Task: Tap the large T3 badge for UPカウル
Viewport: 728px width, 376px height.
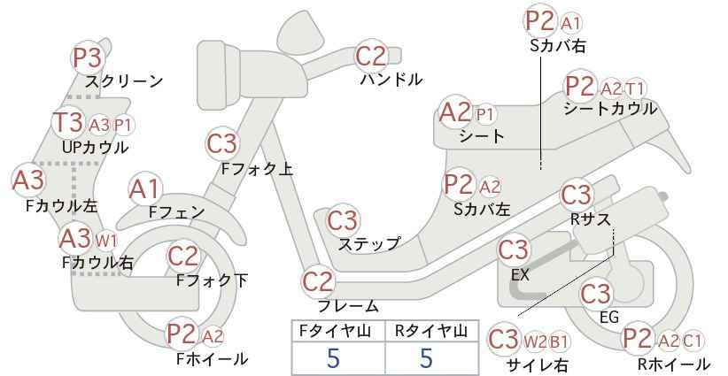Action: pos(68,122)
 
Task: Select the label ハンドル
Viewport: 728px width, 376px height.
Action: pos(391,80)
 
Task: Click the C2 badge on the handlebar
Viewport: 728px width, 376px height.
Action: pos(371,56)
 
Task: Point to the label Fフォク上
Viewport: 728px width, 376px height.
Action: pos(257,169)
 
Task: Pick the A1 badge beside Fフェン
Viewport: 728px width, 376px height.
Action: pos(145,190)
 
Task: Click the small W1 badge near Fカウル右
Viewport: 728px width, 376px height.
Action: pos(106,241)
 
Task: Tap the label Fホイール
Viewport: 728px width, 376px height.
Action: pos(213,358)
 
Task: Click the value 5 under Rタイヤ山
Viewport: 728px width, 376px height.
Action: pos(426,358)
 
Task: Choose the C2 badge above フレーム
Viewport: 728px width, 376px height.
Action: pos(318,282)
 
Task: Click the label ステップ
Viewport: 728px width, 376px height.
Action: pos(369,243)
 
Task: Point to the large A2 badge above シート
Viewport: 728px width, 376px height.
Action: pos(455,112)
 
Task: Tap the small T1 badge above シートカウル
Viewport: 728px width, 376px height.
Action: pos(635,88)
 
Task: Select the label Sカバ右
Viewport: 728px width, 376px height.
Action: pos(558,45)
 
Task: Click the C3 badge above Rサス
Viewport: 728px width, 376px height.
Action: pos(577,196)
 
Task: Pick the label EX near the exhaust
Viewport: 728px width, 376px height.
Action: pos(520,275)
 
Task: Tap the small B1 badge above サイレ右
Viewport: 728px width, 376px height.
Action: pos(559,342)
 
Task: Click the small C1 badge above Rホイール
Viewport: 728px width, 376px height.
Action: pos(692,341)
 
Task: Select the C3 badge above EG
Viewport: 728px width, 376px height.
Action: pos(596,294)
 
